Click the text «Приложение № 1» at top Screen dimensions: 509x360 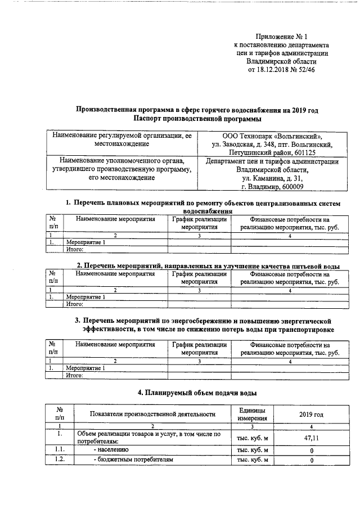(x=282, y=35)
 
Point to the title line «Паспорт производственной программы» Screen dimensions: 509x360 (x=197, y=119)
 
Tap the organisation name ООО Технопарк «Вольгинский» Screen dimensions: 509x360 (x=272, y=136)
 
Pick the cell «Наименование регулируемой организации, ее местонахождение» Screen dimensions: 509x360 (x=121, y=140)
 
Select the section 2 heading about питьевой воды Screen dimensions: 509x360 (x=208, y=265)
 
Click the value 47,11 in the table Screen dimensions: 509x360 (x=311, y=436)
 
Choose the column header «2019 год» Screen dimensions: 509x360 (x=311, y=415)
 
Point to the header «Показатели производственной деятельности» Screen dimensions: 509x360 (x=153, y=415)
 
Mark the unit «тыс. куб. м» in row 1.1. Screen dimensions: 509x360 (x=253, y=450)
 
